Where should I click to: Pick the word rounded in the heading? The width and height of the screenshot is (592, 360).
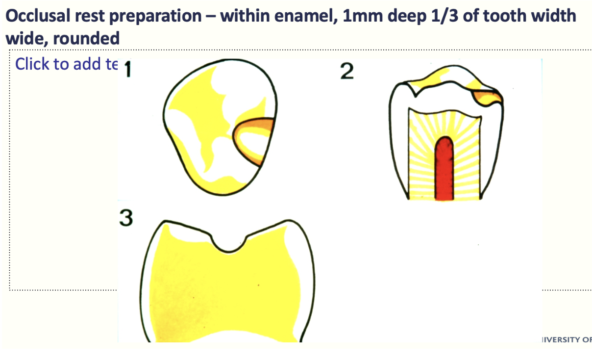pos(86,38)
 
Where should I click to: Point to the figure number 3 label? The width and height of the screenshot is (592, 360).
pos(126,218)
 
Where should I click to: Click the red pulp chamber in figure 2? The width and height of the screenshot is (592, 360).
pos(444,169)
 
